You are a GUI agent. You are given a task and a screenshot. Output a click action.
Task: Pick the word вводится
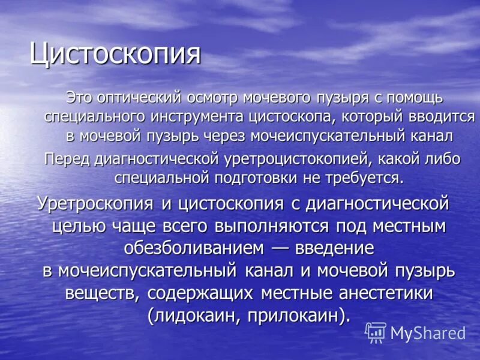pos(443,116)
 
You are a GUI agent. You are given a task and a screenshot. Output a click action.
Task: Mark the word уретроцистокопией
pos(292,159)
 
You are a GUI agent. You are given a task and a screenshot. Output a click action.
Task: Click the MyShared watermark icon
pos(375,331)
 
